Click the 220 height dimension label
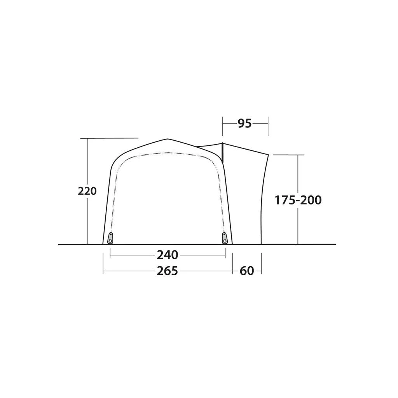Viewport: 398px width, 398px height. tap(87, 191)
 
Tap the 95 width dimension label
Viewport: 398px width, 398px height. tap(245, 124)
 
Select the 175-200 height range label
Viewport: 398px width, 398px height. tap(298, 200)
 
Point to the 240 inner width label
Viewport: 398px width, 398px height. tap(168, 255)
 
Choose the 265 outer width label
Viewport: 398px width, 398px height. tap(168, 271)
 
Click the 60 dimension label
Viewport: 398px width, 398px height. tap(247, 271)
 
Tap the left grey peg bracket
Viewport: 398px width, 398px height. tap(111, 238)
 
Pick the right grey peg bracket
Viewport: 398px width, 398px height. tap(225, 238)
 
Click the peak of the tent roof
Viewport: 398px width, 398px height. tap(167, 139)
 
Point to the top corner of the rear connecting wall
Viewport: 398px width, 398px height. tap(269, 155)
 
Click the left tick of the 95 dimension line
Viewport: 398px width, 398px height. tap(223, 126)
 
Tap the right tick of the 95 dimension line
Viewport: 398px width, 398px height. tap(268, 126)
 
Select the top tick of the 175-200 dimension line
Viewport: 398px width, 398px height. tap(288, 155)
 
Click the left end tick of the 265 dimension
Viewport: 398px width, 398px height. tap(103, 264)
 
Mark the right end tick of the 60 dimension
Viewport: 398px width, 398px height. tap(261, 264)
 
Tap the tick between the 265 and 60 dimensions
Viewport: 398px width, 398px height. tap(232, 264)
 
